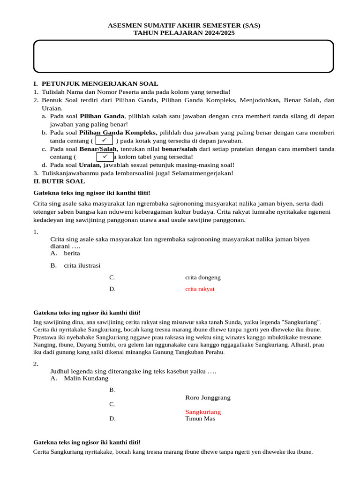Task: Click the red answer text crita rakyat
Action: [200, 289]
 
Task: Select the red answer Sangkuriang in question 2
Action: [202, 412]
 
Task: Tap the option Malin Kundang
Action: [86, 378]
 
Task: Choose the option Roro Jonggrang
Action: [208, 397]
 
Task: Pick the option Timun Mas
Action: [200, 419]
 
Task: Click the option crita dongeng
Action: [202, 277]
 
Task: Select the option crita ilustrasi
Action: [82, 265]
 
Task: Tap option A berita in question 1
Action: [72, 253]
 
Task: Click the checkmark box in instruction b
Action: [104, 140]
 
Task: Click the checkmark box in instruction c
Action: [105, 157]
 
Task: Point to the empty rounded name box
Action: [183, 56]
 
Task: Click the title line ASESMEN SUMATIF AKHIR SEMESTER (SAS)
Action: [184, 25]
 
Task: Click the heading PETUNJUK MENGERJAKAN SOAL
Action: [100, 84]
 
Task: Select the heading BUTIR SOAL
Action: [63, 181]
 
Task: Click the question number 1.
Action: [36, 232]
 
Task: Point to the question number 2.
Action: [36, 364]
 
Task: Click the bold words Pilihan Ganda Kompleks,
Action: [118, 133]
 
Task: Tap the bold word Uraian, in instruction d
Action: [90, 165]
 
